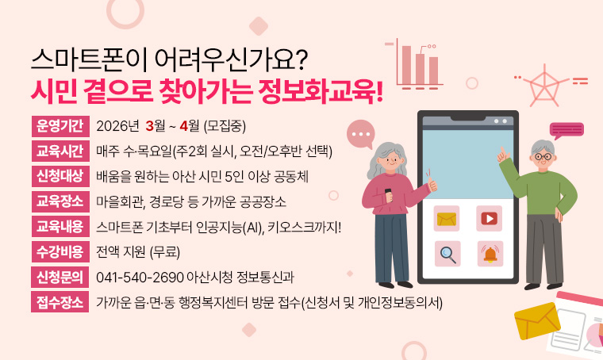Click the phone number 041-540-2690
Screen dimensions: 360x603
click(139, 278)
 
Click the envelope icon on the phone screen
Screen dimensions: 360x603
click(447, 218)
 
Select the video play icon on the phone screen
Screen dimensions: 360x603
click(489, 218)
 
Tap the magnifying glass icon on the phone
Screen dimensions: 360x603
click(447, 254)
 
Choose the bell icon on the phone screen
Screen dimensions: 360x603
click(489, 254)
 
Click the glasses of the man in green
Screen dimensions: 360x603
click(542, 156)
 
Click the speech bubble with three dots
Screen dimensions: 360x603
click(362, 136)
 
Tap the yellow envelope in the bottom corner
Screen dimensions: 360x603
click(537, 320)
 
